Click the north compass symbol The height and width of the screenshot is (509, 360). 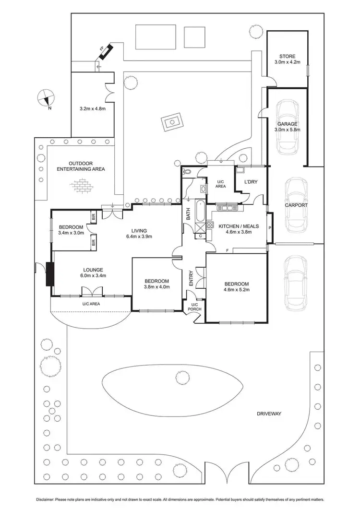(x=47, y=98)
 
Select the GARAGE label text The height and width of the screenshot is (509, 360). (x=288, y=124)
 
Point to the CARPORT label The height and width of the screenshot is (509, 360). (x=296, y=205)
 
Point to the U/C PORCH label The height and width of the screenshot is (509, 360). (x=194, y=307)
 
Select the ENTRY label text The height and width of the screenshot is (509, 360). (x=191, y=279)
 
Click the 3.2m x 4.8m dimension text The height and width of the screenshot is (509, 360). (x=92, y=109)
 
